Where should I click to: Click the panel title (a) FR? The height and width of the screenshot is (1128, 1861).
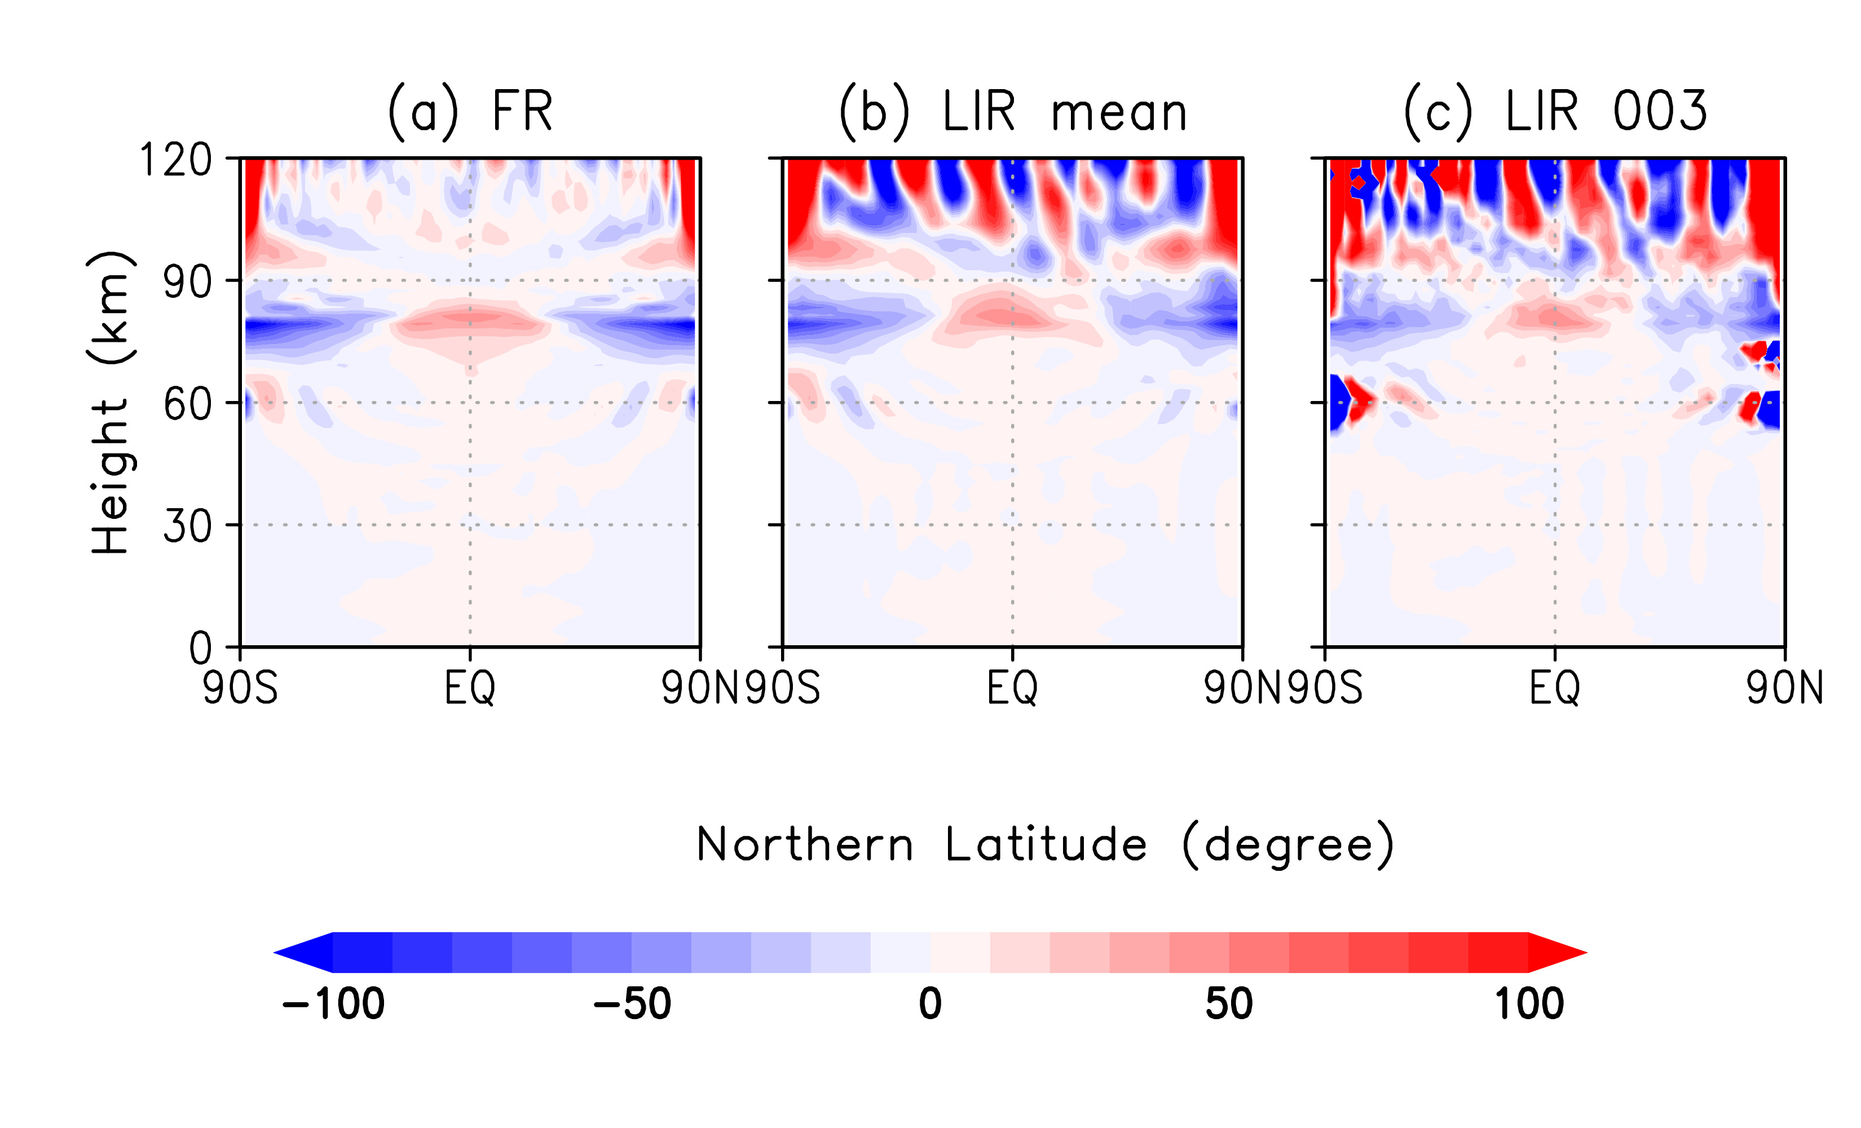coord(470,112)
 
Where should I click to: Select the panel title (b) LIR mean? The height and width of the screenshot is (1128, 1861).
coord(1013,112)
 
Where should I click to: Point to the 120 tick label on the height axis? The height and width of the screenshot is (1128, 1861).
coord(175,160)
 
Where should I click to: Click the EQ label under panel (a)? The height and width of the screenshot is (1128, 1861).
coord(470,688)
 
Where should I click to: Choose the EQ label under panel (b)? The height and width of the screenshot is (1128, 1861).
coord(1012,688)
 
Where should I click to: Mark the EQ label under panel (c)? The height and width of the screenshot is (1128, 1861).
coord(1554,688)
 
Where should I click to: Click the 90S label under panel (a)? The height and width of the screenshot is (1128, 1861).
coord(240,688)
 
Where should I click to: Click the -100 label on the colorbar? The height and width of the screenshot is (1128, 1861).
coord(333,1004)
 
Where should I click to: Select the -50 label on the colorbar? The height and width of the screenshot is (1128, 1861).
coord(632,1004)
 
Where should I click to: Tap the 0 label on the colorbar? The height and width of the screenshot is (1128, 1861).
coord(930,1004)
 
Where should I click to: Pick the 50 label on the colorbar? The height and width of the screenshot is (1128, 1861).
coord(1229,1004)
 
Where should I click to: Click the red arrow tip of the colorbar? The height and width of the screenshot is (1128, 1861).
coord(1563,953)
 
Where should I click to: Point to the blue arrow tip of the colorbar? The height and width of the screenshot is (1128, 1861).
coord(298,953)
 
